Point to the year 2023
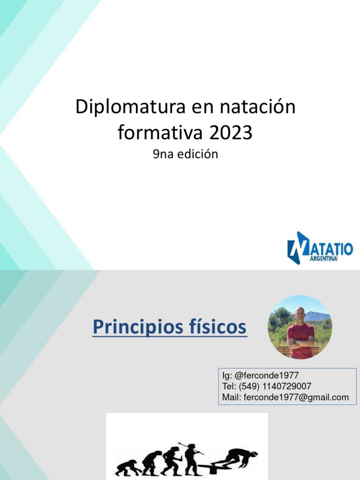(x=232, y=133)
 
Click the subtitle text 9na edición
(x=186, y=154)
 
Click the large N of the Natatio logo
(x=298, y=248)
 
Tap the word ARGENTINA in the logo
(x=323, y=259)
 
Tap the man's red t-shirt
(x=300, y=340)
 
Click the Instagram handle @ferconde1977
(x=266, y=375)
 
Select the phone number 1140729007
(x=287, y=386)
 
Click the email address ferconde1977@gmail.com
(x=296, y=397)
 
